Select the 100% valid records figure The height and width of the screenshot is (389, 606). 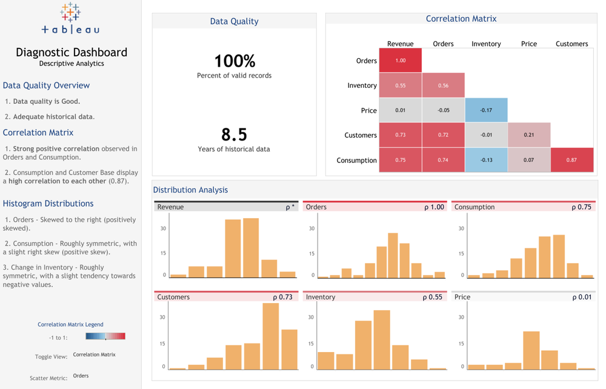coord(234,61)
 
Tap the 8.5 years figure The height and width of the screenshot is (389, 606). coord(234,135)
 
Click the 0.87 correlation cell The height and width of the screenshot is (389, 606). coord(571,160)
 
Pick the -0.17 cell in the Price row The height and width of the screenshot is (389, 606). coord(486,110)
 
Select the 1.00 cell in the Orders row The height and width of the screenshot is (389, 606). coord(400,61)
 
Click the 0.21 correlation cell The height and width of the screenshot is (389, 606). coord(529,135)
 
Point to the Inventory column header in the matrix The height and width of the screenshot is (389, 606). coord(486,44)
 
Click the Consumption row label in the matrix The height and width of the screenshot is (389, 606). coord(356,161)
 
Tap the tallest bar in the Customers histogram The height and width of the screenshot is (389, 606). coord(270,336)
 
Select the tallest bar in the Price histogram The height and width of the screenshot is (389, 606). coord(531,350)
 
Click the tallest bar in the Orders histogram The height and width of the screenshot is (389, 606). coord(393,255)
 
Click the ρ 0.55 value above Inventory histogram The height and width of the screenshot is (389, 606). coord(434,298)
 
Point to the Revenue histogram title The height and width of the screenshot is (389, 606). coord(170,207)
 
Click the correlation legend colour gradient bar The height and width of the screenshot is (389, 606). coord(105,336)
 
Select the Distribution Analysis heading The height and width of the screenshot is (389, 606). coord(190,190)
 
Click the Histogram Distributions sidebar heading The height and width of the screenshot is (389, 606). coord(48,204)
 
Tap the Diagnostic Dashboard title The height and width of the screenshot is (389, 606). coord(72,52)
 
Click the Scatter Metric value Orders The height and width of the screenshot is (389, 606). coord(81,376)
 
